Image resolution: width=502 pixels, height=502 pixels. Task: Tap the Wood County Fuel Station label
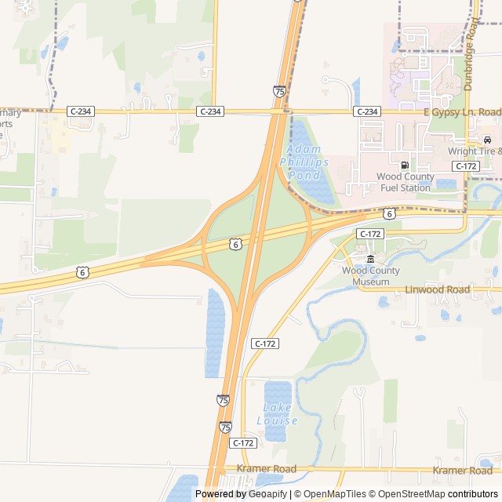pos(404,182)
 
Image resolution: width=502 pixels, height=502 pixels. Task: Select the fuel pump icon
pos(405,165)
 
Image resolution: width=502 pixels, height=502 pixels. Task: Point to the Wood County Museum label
pos(371,276)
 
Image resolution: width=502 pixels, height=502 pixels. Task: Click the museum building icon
pos(371,260)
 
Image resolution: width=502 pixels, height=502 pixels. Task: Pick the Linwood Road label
pos(437,289)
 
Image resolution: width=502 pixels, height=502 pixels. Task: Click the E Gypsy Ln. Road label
pos(461,112)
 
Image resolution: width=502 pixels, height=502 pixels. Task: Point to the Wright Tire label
pos(474,151)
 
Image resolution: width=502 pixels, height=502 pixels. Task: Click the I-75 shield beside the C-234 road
pos(279,92)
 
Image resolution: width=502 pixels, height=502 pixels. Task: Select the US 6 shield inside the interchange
pos(235,245)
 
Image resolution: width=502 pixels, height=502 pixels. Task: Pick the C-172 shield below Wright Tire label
pos(466,166)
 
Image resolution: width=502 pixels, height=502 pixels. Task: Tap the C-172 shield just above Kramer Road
pos(243,443)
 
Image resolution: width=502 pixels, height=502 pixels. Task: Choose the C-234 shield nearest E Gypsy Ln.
pos(367,112)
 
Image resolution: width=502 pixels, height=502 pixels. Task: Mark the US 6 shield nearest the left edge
pos(82,272)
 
